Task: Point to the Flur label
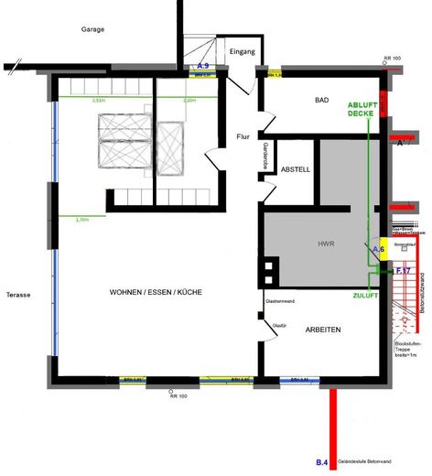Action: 243,136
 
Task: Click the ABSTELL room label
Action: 296,169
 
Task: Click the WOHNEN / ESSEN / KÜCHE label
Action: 156,292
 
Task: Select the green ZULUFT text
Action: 366,297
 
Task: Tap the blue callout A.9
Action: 203,67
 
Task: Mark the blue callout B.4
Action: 322,464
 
